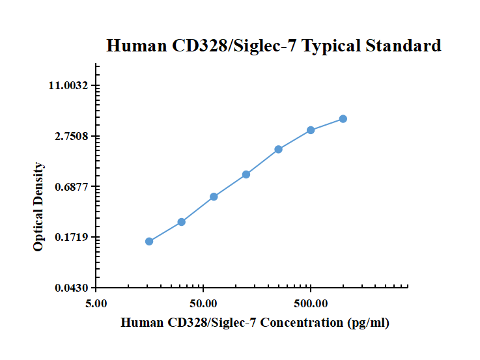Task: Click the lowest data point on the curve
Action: (x=149, y=242)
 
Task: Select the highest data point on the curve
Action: (x=343, y=118)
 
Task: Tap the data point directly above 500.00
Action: (x=311, y=130)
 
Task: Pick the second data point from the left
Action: (x=182, y=222)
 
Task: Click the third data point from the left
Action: (x=214, y=197)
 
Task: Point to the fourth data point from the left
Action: (x=246, y=174)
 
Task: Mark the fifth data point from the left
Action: (x=279, y=149)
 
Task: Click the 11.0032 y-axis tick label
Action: (x=72, y=86)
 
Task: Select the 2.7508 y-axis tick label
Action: (x=74, y=136)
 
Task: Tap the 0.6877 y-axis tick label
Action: (x=74, y=187)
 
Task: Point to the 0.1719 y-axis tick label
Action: (x=74, y=237)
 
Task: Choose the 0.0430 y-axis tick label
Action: (x=74, y=288)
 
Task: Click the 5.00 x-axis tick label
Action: (x=96, y=303)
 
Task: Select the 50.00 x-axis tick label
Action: (x=203, y=303)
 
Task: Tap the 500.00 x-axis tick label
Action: (x=311, y=303)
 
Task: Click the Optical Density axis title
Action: (x=39, y=207)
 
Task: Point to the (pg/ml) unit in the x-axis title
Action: (x=369, y=323)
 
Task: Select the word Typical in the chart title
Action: (x=332, y=46)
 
